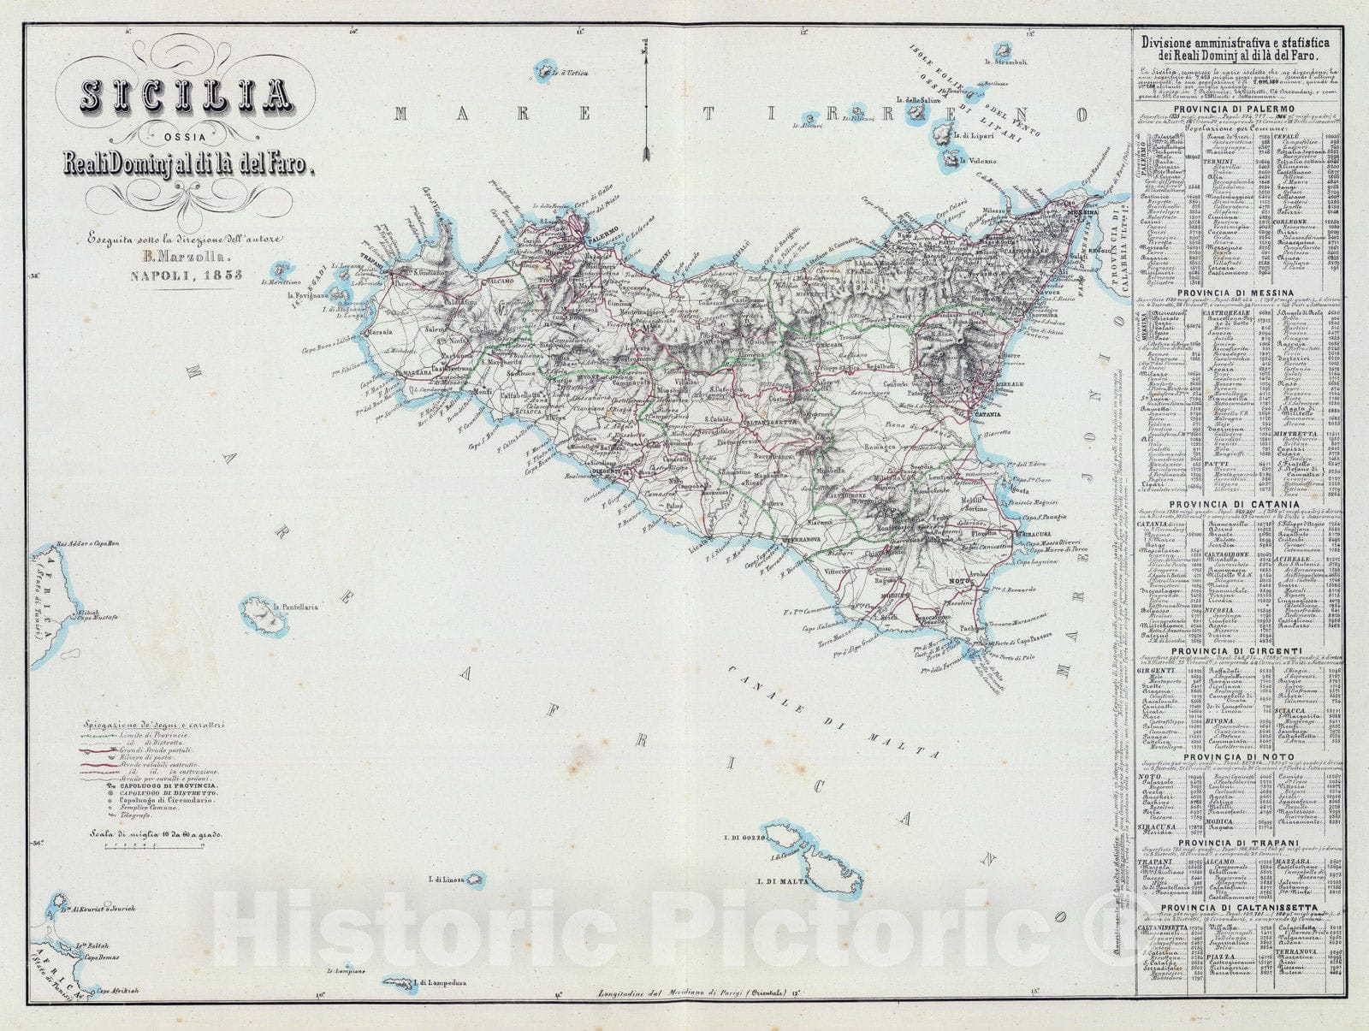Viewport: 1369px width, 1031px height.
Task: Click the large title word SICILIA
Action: click(x=184, y=97)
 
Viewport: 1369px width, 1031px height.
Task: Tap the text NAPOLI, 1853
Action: click(x=186, y=276)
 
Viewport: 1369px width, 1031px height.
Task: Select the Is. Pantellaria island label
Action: click(x=295, y=607)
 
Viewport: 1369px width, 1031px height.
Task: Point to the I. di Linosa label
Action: click(x=445, y=880)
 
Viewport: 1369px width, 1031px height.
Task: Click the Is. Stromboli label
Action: click(x=1006, y=62)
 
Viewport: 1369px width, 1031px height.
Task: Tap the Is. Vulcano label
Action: click(x=978, y=161)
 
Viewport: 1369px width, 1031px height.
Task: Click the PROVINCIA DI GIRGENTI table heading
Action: click(x=1232, y=651)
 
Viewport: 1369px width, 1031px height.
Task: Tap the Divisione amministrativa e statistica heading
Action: click(x=1232, y=41)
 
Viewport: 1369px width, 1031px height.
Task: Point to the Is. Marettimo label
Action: click(x=283, y=282)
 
